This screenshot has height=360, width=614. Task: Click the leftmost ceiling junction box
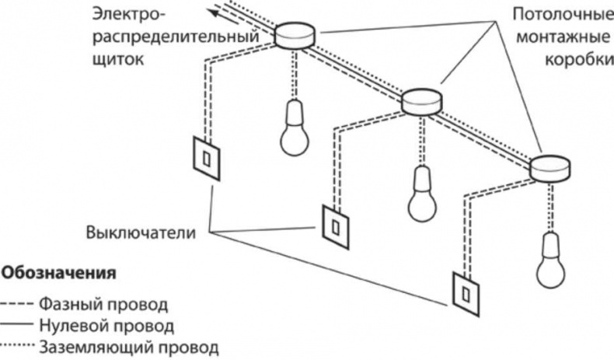point(296,33)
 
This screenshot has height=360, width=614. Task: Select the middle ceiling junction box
point(421,100)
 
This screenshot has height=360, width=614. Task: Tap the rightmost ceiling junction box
point(550,166)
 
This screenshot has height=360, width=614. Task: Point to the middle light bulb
point(424,195)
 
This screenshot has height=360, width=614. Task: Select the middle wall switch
point(335,225)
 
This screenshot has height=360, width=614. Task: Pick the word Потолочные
point(558,14)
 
